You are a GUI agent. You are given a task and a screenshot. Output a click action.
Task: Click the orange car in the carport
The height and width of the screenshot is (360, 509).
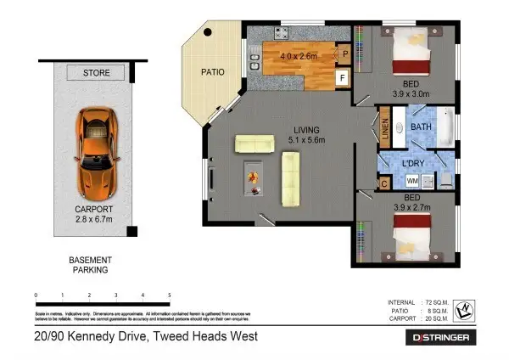(95, 152)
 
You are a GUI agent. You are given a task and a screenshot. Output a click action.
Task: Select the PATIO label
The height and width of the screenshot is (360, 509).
(212, 72)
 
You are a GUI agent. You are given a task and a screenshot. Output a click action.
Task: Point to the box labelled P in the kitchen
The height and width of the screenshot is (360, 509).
(344, 53)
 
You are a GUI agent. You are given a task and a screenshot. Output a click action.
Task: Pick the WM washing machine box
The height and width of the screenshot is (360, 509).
(412, 181)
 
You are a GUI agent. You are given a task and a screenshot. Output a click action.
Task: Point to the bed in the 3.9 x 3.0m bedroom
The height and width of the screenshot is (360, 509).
(413, 50)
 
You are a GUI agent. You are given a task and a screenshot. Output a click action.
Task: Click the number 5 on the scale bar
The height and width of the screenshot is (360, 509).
(170, 295)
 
